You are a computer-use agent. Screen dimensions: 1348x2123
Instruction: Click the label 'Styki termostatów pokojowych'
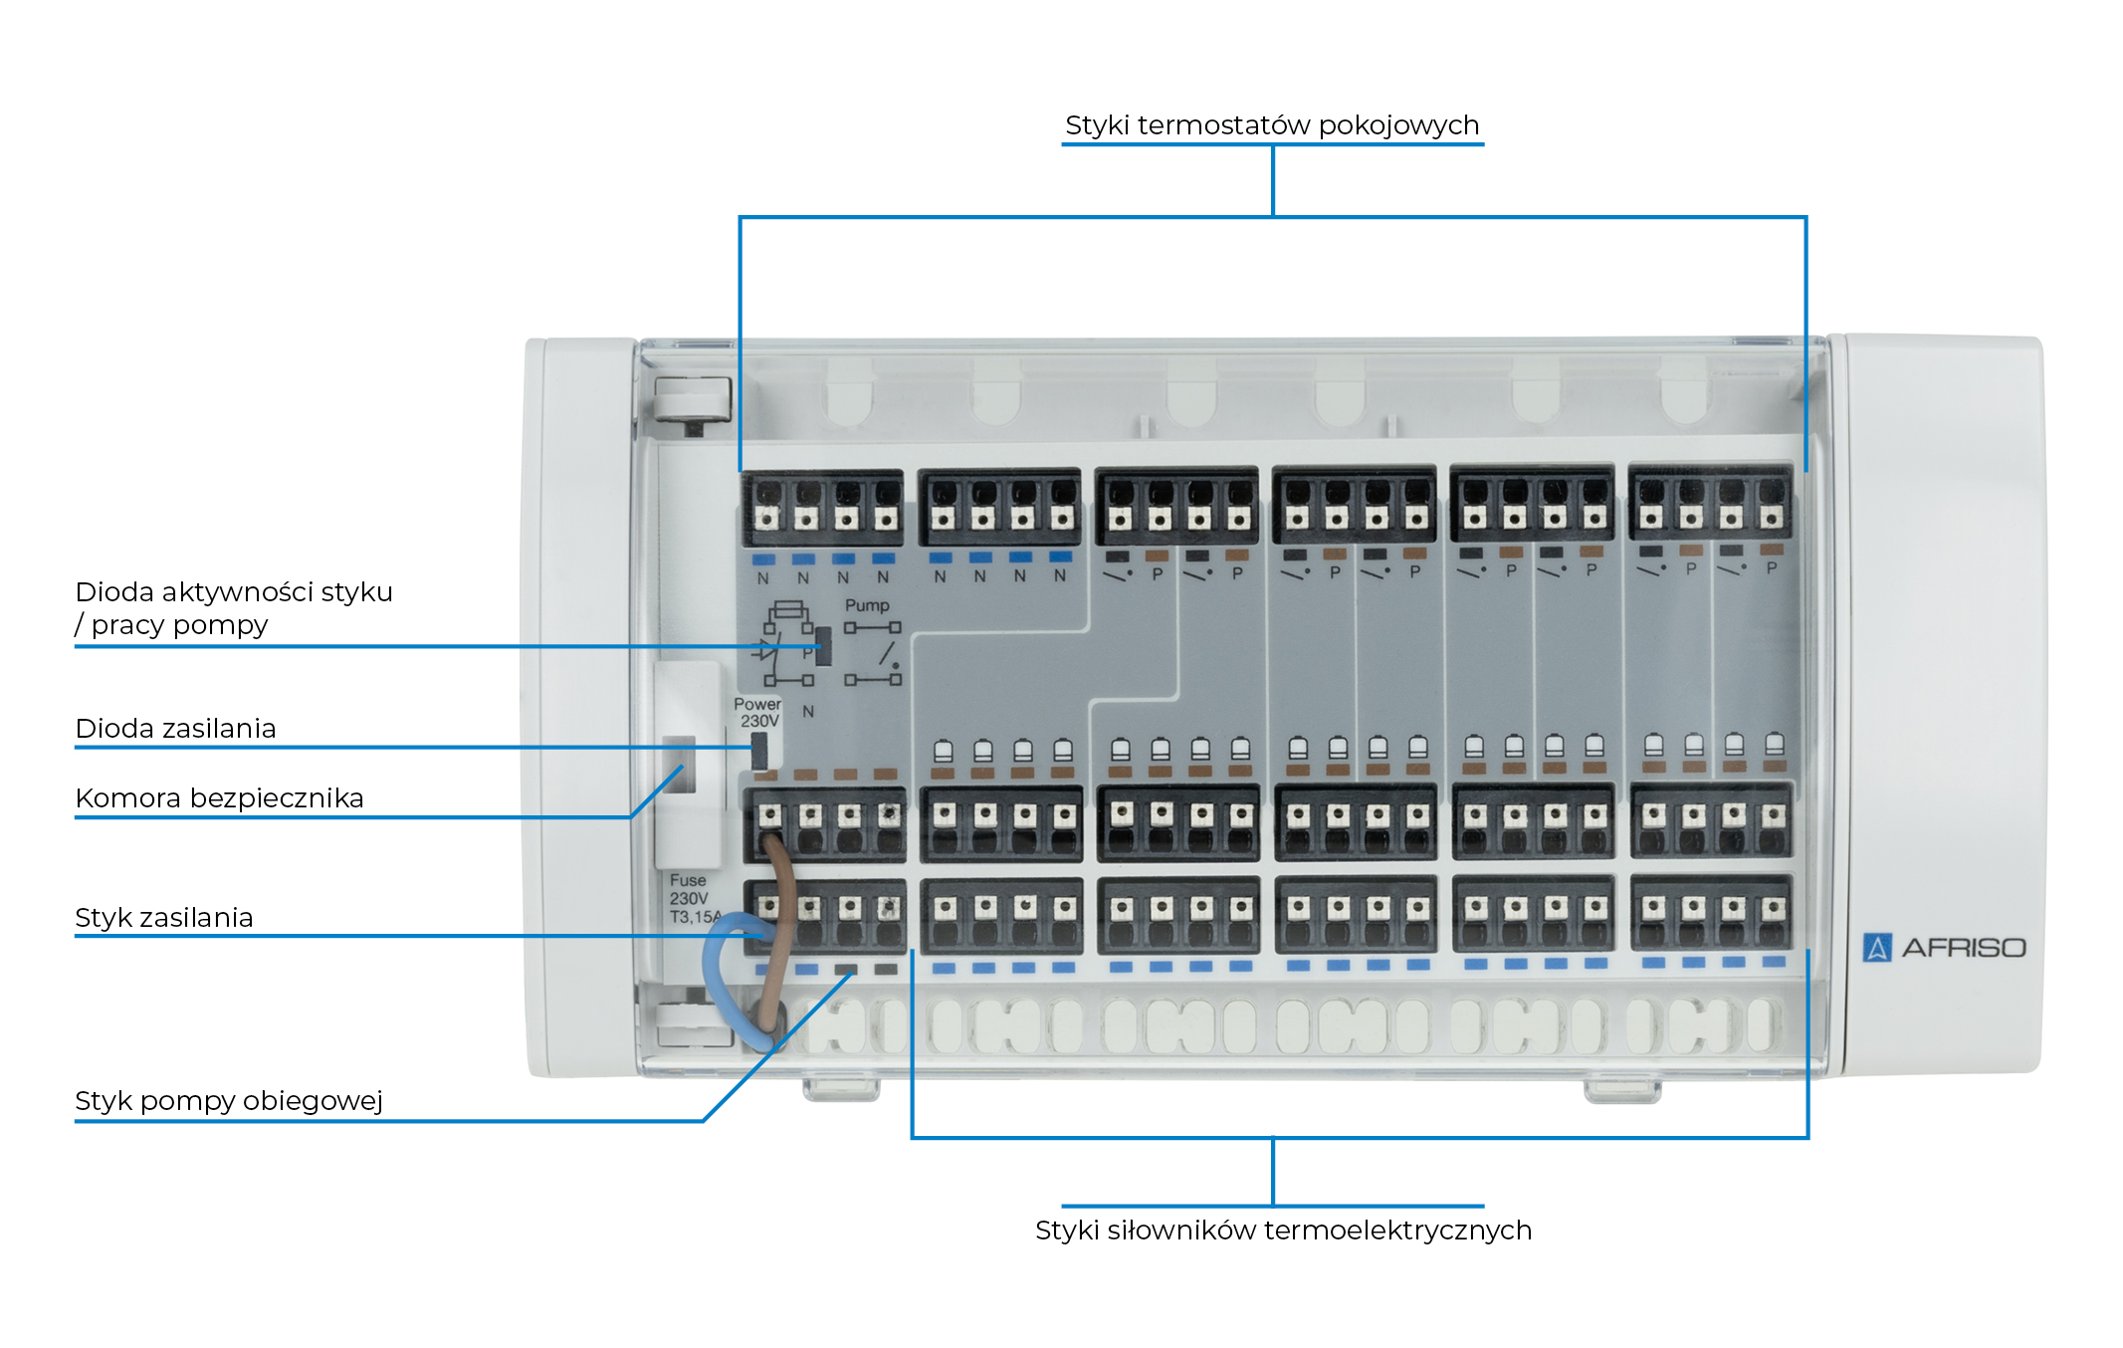(x=1271, y=125)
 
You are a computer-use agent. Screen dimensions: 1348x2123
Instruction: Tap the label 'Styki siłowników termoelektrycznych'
(x=1282, y=1231)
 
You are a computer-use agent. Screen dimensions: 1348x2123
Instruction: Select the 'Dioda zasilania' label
(x=175, y=729)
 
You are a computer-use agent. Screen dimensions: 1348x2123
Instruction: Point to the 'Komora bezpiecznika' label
(x=219, y=798)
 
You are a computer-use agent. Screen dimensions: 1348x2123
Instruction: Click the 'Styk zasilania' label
(x=164, y=918)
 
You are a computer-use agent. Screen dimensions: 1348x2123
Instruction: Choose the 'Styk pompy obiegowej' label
(x=228, y=1101)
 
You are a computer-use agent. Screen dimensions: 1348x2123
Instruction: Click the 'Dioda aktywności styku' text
(x=234, y=592)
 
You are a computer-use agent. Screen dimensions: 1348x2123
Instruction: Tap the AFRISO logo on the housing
(x=1943, y=947)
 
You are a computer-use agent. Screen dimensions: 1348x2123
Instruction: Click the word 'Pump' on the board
(x=867, y=605)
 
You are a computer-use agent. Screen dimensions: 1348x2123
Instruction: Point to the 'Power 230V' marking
(x=757, y=712)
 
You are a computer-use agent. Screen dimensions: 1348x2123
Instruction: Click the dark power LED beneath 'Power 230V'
(x=759, y=749)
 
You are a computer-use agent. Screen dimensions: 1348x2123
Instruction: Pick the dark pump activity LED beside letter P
(x=823, y=646)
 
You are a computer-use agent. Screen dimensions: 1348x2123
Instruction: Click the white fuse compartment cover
(x=687, y=767)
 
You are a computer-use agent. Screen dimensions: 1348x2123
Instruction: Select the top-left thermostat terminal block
(x=823, y=507)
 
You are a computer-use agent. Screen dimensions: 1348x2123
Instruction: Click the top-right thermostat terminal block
(x=1710, y=503)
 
